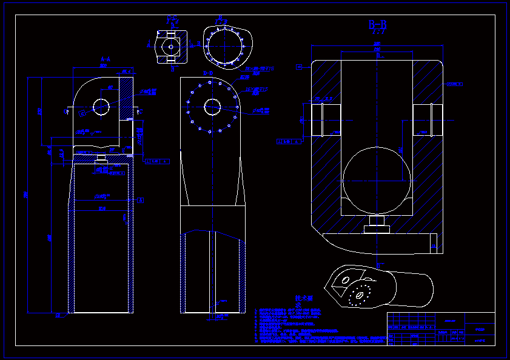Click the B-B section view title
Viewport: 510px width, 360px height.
pos(377,25)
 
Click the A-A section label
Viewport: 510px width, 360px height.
pos(104,59)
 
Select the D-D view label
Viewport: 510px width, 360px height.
pos(207,73)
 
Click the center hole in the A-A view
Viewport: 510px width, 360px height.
pos(101,107)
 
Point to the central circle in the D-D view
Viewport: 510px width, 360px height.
pos(212,107)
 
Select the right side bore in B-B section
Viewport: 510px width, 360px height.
pos(429,119)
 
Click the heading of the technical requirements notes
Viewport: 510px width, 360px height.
pos(303,299)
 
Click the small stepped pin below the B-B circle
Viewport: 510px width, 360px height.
pos(377,225)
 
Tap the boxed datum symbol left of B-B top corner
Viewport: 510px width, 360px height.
pos(298,67)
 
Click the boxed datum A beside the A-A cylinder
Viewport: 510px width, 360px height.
pos(141,199)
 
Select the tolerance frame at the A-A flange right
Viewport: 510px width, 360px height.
pos(156,161)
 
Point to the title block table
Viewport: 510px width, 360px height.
pos(441,328)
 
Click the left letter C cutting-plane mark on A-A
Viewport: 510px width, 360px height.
pos(66,112)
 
